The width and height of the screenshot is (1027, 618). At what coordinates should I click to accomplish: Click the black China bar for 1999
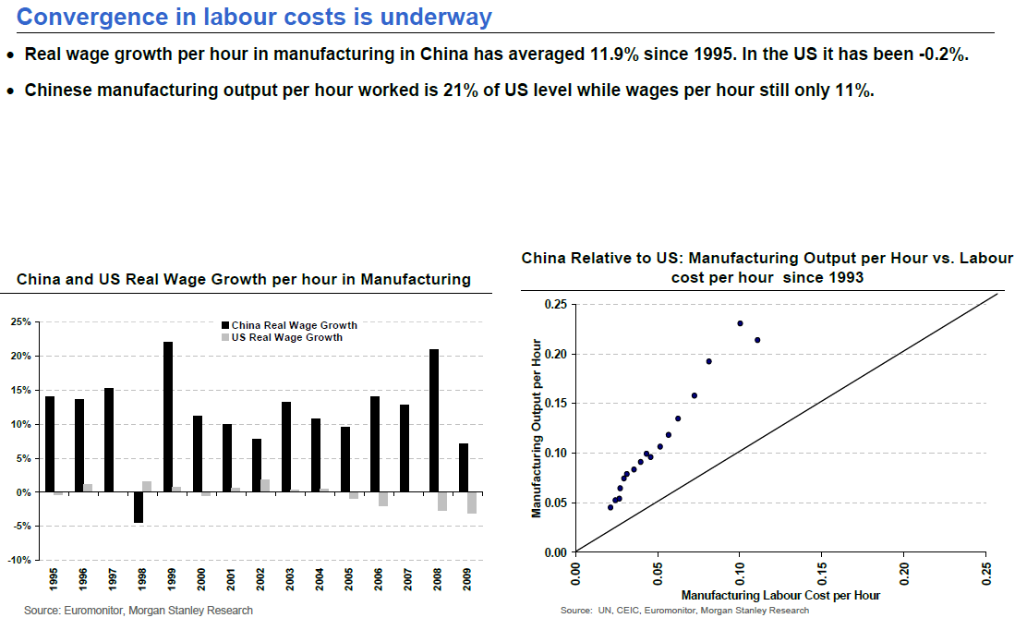(168, 417)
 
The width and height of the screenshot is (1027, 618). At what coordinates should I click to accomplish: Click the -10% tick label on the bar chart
(20, 560)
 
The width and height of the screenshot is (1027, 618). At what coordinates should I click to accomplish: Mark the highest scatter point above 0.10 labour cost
(740, 323)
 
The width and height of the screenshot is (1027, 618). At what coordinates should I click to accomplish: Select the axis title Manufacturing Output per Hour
(536, 428)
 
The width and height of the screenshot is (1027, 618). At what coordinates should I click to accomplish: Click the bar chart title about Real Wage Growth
(244, 279)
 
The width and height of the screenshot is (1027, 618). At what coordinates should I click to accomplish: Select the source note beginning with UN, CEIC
(684, 611)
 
